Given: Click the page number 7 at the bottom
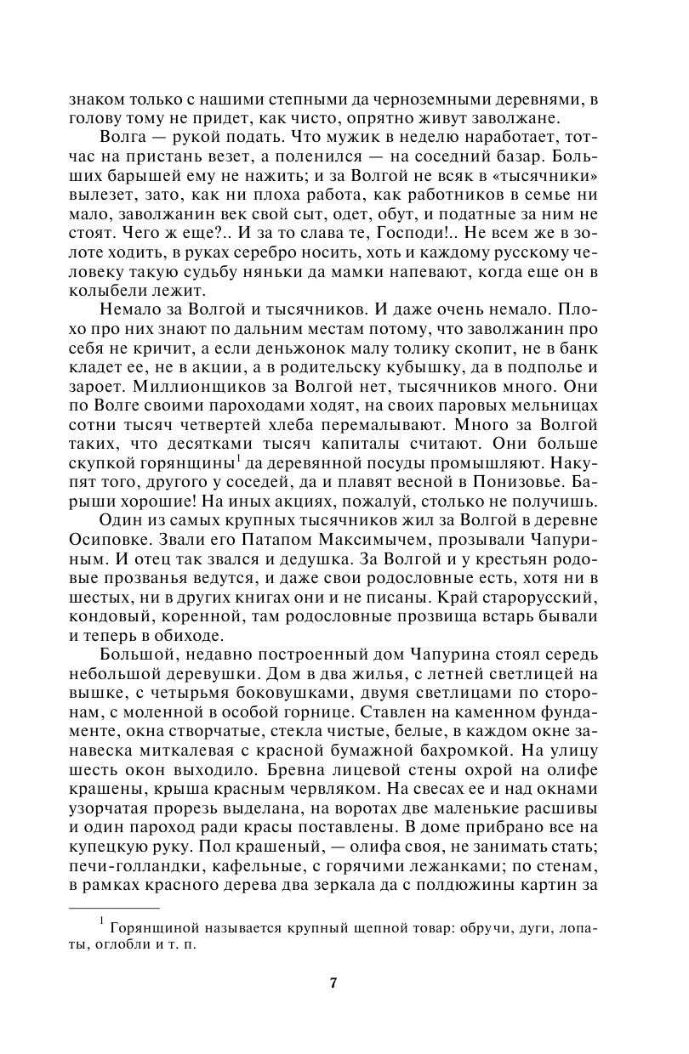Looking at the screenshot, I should (x=333, y=983).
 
